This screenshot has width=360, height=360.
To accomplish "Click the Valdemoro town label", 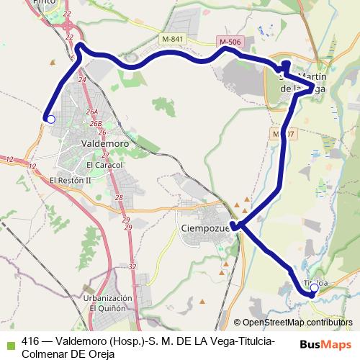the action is [x=105, y=143].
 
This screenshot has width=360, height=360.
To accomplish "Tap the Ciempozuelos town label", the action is [x=202, y=229].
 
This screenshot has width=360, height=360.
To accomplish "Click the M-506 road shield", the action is [x=228, y=42].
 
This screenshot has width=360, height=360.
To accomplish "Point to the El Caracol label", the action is [x=104, y=165].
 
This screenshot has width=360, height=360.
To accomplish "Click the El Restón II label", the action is [x=70, y=180].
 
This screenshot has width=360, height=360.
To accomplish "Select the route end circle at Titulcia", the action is [x=314, y=287].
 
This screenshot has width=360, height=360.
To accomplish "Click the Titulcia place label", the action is [x=317, y=282].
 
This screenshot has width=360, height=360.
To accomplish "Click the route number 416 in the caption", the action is [x=31, y=341].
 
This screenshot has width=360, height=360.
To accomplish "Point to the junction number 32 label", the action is [x=132, y=266].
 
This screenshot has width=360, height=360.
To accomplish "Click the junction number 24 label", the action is [x=81, y=80].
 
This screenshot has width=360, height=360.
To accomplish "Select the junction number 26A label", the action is [x=91, y=112].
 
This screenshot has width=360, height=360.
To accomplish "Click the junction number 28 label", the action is [x=119, y=197].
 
